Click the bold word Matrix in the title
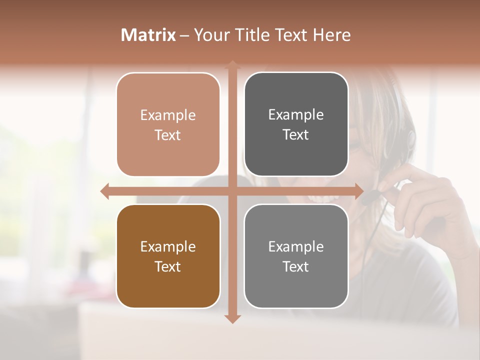pyautogui.click(x=148, y=35)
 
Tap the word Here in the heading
pyautogui.click(x=331, y=35)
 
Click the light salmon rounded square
pyautogui.click(x=168, y=124)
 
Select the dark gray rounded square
pyautogui.click(x=296, y=124)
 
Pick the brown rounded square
pyautogui.click(x=168, y=256)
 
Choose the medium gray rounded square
pyautogui.click(x=296, y=256)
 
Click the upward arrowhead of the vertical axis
pyautogui.click(x=232, y=65)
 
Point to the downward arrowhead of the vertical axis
pyautogui.click(x=232, y=318)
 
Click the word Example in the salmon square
pyautogui.click(x=168, y=115)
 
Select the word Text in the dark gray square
pyautogui.click(x=296, y=135)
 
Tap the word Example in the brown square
pyautogui.click(x=168, y=247)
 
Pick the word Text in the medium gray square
pyautogui.click(x=296, y=266)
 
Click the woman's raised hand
pyautogui.click(x=425, y=200)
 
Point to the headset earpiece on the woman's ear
pyautogui.click(x=411, y=137)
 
